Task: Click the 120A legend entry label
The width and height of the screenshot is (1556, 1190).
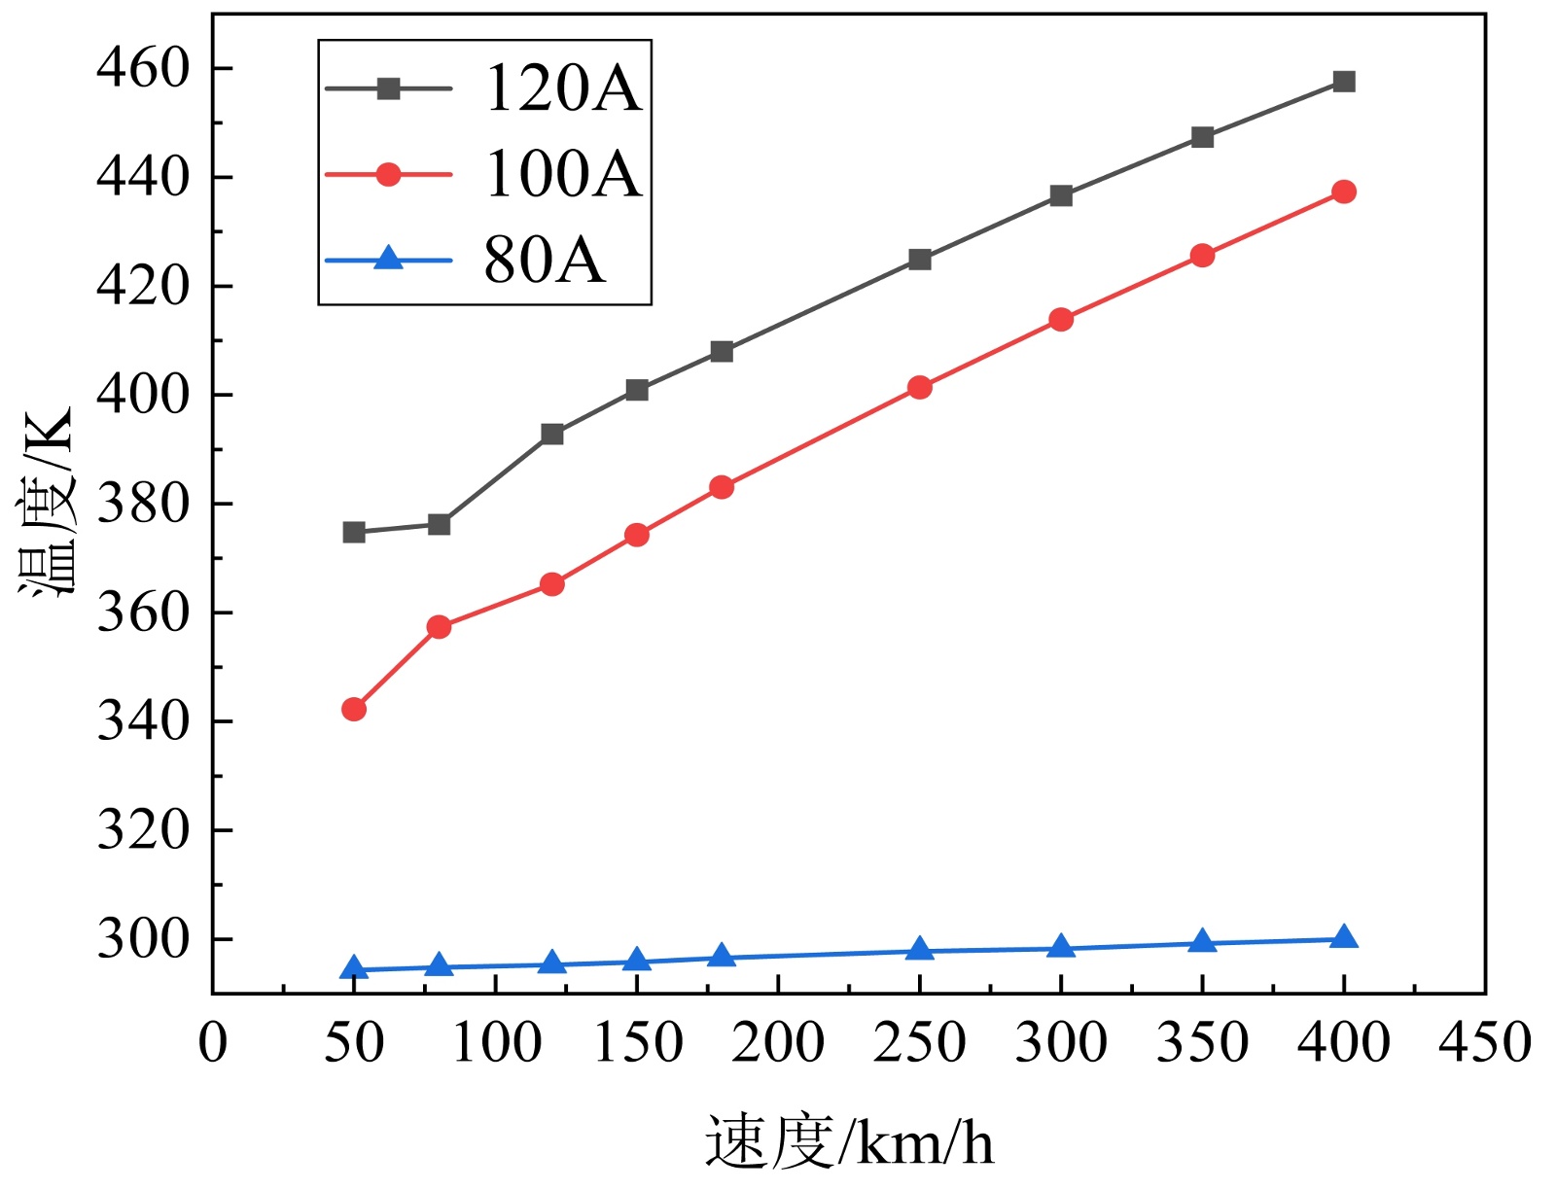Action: click(x=563, y=88)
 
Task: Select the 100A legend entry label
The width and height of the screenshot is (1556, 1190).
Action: click(x=563, y=175)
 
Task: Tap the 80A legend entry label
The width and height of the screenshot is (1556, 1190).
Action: click(x=544, y=261)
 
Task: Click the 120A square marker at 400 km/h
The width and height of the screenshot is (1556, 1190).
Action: click(x=1344, y=82)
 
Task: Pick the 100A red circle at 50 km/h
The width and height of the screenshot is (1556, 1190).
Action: click(x=354, y=710)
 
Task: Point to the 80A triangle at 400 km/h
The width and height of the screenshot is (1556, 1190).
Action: click(x=1344, y=938)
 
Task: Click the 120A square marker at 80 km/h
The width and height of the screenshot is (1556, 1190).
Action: click(x=439, y=525)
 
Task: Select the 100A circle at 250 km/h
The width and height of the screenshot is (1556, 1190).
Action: click(x=920, y=388)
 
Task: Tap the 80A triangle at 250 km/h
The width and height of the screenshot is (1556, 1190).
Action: click(x=920, y=950)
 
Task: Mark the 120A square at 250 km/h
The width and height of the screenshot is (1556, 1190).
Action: click(x=920, y=260)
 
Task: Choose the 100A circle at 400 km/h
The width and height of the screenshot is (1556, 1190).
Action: click(x=1344, y=192)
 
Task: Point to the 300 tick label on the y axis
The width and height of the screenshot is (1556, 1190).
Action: click(x=142, y=939)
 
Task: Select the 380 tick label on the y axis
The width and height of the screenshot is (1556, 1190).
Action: click(x=142, y=504)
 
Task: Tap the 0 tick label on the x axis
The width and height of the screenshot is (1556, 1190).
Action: click(x=213, y=1043)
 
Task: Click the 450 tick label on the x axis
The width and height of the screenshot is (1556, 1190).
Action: click(x=1485, y=1043)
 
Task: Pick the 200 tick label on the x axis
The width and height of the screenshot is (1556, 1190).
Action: click(x=778, y=1043)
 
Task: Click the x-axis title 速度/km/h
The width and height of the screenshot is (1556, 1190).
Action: click(x=849, y=1141)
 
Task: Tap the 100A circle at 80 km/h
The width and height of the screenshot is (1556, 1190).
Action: click(x=439, y=627)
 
